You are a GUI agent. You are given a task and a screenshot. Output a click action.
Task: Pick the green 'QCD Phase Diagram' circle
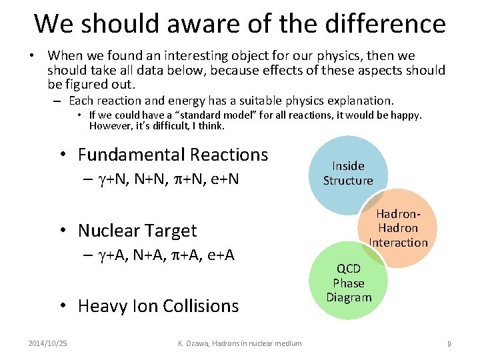[x=348, y=283]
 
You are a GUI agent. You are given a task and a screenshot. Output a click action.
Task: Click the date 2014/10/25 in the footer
[x=47, y=343]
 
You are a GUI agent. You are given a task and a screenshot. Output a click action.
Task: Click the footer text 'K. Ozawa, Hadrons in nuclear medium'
[x=240, y=343]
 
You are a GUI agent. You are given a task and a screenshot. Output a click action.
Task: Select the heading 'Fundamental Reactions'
[x=173, y=155]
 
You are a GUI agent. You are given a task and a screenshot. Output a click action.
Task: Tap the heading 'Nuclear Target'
[x=137, y=231]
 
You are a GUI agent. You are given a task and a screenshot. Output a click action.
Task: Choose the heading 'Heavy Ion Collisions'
[x=158, y=306]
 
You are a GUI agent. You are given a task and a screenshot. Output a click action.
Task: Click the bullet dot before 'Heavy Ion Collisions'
[x=61, y=306]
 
